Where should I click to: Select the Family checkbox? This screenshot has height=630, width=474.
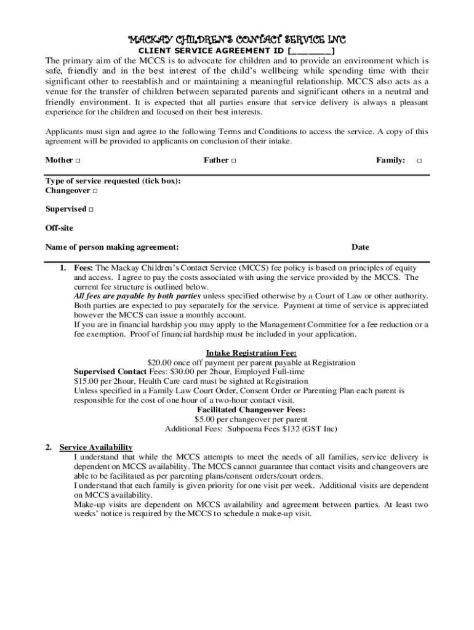(x=419, y=161)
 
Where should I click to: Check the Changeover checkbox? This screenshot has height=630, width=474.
(x=95, y=191)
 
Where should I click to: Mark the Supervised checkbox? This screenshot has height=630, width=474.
(x=90, y=210)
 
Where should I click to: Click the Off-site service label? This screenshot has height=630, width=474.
(x=59, y=228)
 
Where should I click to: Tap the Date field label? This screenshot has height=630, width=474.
(x=360, y=247)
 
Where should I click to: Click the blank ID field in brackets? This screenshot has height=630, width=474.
(x=311, y=51)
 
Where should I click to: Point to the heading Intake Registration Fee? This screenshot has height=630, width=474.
(x=251, y=353)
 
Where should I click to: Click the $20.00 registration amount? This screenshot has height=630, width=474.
(x=161, y=363)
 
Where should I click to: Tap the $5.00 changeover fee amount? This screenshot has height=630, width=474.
(x=206, y=420)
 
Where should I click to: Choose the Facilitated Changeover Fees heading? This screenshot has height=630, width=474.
(x=251, y=410)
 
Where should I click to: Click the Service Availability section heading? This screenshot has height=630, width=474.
(x=95, y=447)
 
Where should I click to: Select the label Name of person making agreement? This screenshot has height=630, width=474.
(x=112, y=247)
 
